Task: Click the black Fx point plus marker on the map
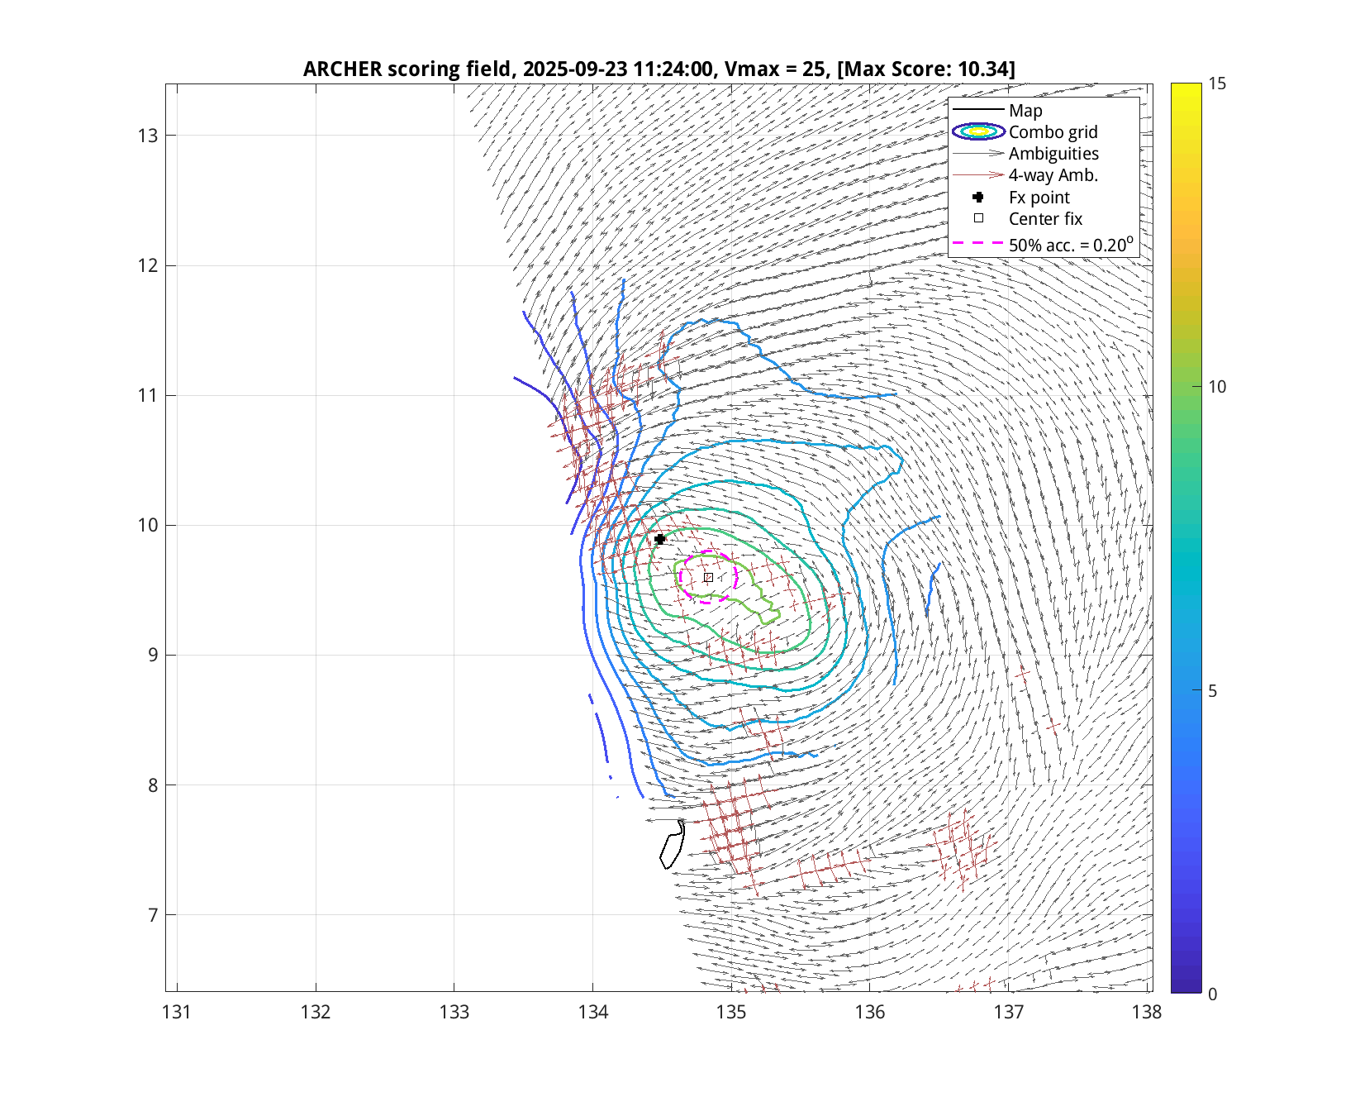click(x=659, y=539)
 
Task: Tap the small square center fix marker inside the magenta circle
click(x=708, y=577)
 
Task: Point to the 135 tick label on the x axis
click(x=731, y=1012)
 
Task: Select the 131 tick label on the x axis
click(x=177, y=1012)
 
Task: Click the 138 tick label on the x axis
click(x=1147, y=1012)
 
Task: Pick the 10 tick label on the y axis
click(x=147, y=526)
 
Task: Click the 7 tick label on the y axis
click(x=152, y=915)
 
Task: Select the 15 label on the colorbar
click(x=1216, y=83)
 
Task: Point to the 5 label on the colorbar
click(x=1212, y=691)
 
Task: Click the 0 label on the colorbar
click(x=1212, y=994)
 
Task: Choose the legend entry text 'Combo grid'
click(x=1053, y=132)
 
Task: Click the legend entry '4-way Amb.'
click(x=1053, y=175)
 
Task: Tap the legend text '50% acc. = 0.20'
click(x=1070, y=246)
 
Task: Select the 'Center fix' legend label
click(x=1045, y=219)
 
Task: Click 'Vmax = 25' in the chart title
click(x=774, y=69)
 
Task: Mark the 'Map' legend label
click(x=1025, y=111)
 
